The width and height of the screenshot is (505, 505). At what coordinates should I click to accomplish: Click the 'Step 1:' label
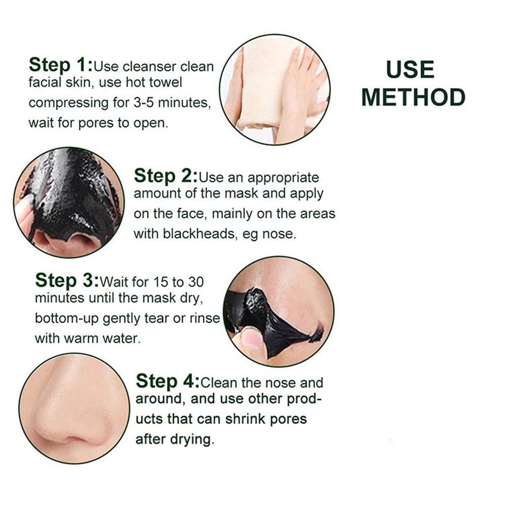[x=61, y=65]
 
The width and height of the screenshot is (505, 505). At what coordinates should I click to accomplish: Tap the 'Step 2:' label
[x=166, y=176]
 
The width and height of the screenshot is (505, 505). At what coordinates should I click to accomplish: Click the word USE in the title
[x=410, y=70]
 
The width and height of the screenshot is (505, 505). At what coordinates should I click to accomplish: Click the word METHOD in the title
[x=413, y=97]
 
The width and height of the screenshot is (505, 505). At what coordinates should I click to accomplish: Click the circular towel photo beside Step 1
[x=275, y=90]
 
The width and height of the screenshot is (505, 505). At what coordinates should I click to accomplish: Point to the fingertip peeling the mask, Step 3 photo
[x=251, y=338]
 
